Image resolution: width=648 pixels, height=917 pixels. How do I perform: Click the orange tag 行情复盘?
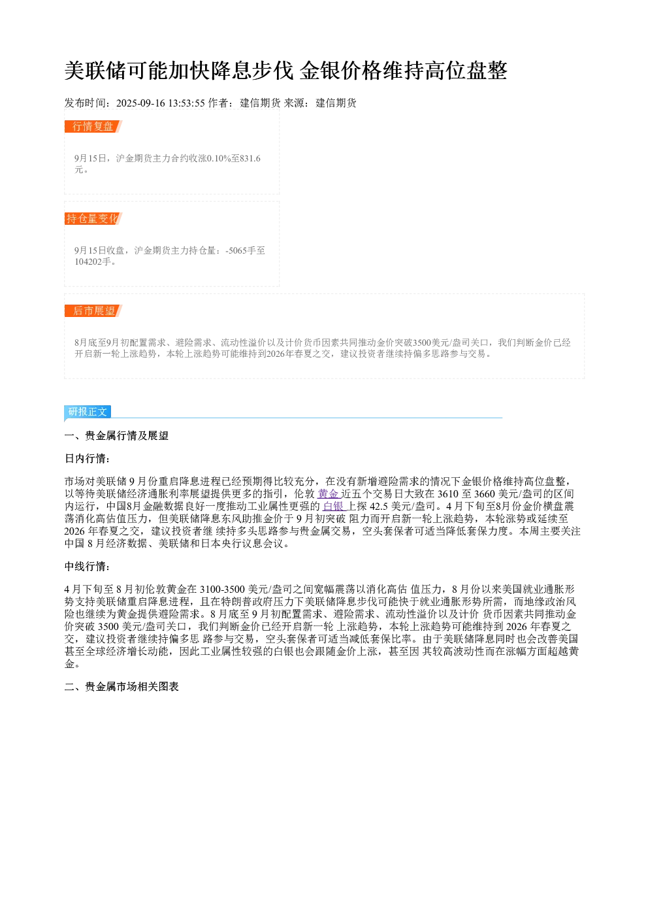tap(93, 127)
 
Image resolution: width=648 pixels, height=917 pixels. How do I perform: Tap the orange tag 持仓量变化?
tap(93, 218)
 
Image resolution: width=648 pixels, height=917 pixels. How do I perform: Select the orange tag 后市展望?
tap(93, 310)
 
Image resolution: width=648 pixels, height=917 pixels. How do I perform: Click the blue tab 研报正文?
tap(88, 412)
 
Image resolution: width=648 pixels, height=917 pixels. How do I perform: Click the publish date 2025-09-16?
tap(140, 103)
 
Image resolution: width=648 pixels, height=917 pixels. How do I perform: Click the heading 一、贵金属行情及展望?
tap(116, 435)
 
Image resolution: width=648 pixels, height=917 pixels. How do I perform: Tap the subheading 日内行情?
tap(87, 459)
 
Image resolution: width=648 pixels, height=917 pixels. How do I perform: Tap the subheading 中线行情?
tap(87, 567)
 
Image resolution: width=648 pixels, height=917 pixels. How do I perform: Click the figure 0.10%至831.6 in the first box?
tap(234, 158)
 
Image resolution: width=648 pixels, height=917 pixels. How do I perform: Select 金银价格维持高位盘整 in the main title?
tap(403, 71)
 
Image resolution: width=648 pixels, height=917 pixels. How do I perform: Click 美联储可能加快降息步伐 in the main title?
tap(179, 71)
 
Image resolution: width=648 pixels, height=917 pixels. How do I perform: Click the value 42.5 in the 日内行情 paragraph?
tap(379, 507)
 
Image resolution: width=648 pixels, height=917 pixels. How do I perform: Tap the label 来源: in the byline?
tap(298, 103)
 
